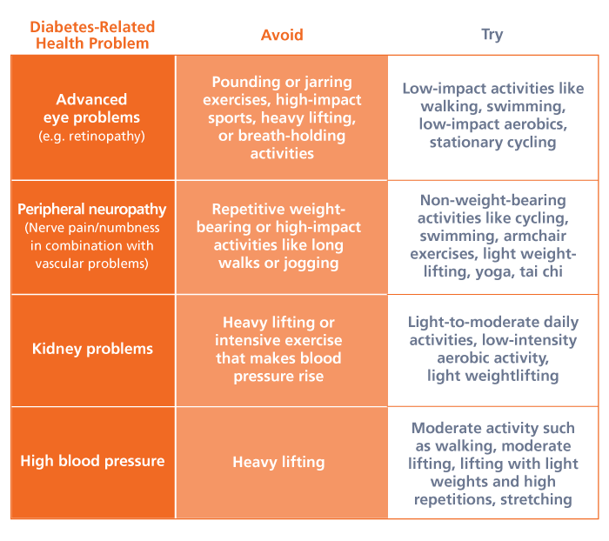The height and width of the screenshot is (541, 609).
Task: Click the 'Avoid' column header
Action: tap(282, 35)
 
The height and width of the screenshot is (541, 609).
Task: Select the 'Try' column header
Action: tap(492, 35)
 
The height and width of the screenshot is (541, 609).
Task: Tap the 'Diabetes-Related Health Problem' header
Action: tap(93, 35)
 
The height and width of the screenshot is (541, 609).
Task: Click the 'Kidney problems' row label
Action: tap(92, 349)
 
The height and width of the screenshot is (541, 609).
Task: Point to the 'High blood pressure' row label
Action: tap(92, 461)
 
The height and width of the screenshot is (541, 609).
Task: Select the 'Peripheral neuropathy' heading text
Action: tap(92, 210)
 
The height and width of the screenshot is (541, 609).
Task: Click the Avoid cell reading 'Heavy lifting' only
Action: tap(278, 462)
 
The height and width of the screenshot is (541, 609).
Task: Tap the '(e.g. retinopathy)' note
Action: tap(92, 136)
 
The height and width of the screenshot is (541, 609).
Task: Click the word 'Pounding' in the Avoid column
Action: tap(245, 83)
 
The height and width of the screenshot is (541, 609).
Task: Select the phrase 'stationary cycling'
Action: tap(492, 143)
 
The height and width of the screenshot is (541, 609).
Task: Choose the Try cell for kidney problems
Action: tap(492, 349)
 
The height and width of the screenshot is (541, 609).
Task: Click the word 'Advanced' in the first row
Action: tap(91, 99)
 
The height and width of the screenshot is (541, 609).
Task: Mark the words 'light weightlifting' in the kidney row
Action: tap(492, 376)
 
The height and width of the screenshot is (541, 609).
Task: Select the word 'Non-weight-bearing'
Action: tap(492, 200)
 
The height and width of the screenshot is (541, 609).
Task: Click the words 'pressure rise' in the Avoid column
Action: tap(278, 377)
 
